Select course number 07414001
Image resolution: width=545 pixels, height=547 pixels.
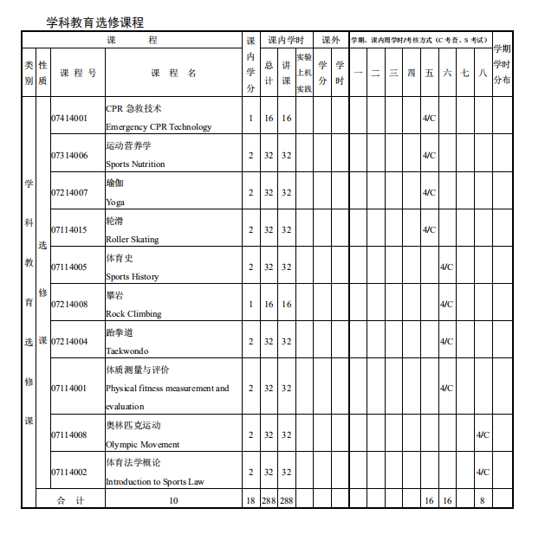click(69, 118)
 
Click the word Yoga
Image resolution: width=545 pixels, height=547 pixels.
click(115, 202)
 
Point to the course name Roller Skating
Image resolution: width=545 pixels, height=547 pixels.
click(133, 239)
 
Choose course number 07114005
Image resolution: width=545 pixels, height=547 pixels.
click(69, 267)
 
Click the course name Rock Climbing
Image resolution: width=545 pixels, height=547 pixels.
click(133, 313)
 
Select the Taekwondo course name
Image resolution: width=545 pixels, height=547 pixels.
click(127, 351)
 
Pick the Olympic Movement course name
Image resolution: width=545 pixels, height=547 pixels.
click(143, 444)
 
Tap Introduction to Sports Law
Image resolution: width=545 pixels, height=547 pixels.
click(155, 481)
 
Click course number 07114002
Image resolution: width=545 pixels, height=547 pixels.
click(69, 472)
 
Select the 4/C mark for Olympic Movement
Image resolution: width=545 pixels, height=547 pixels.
click(483, 434)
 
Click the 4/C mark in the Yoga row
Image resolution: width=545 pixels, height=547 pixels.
click(429, 192)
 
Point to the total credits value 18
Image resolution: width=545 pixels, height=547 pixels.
click(250, 500)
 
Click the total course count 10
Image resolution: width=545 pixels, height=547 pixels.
click(173, 500)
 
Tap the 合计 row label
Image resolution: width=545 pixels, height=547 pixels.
click(70, 500)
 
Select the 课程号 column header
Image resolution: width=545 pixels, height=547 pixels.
click(78, 74)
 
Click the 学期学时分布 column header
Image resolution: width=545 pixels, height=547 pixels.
click(502, 64)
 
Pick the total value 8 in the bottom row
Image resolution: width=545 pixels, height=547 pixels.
click(482, 500)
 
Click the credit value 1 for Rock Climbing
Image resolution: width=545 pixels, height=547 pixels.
click(250, 304)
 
